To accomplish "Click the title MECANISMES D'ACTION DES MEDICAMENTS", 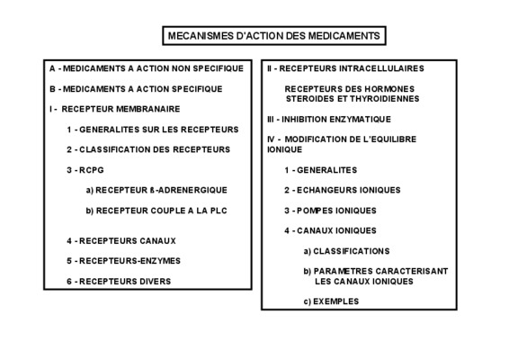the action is pos(274,36).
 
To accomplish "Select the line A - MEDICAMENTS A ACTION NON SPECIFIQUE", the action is pos(147,68).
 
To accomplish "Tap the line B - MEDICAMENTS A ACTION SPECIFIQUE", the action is pos(136,89).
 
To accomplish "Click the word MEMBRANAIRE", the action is pos(148,109).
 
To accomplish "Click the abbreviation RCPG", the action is pos(92,170).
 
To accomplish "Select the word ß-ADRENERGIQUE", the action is pos(189,190).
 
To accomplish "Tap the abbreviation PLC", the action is pos(219,211).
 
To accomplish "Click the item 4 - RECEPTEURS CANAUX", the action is pos(121,241).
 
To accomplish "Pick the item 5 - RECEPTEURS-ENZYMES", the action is pos(124,261).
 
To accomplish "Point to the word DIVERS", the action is pos(156,282).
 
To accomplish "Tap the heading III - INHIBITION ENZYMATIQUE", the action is pos(329,119).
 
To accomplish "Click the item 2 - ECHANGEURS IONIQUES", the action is pos(343,190).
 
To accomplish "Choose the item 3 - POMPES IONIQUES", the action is pos(330,211).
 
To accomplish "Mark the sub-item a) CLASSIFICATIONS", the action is pos(347,251).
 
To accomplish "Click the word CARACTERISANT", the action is pos(412,271).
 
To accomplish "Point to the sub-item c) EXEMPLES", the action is pos(332,301).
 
